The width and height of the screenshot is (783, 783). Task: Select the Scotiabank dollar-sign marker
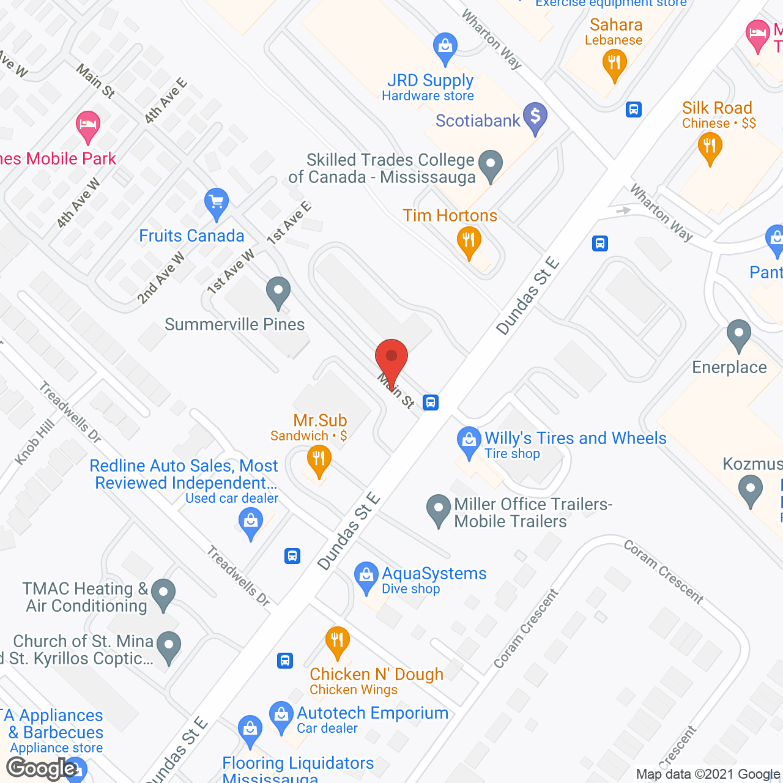click(535, 117)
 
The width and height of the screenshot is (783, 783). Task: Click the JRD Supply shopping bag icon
click(445, 48)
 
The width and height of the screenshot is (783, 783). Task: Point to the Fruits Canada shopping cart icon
click(217, 203)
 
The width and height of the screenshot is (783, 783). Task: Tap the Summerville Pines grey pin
click(278, 292)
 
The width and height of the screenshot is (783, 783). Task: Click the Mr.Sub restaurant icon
click(319, 460)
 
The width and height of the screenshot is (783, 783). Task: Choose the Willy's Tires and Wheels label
click(575, 439)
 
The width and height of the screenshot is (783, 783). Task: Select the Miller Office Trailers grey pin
click(438, 510)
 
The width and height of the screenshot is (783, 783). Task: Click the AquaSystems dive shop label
click(434, 574)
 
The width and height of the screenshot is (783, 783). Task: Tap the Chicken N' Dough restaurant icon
click(337, 642)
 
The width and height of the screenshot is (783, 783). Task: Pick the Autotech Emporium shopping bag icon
click(281, 716)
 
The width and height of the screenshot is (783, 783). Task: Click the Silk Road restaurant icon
click(710, 147)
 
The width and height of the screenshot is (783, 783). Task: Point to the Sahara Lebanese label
click(615, 25)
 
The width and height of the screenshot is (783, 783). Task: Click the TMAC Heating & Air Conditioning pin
click(163, 594)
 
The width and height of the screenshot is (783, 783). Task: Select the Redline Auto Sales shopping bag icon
click(250, 524)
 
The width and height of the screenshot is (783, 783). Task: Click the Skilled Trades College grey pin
click(490, 165)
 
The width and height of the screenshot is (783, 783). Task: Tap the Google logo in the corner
click(42, 768)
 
